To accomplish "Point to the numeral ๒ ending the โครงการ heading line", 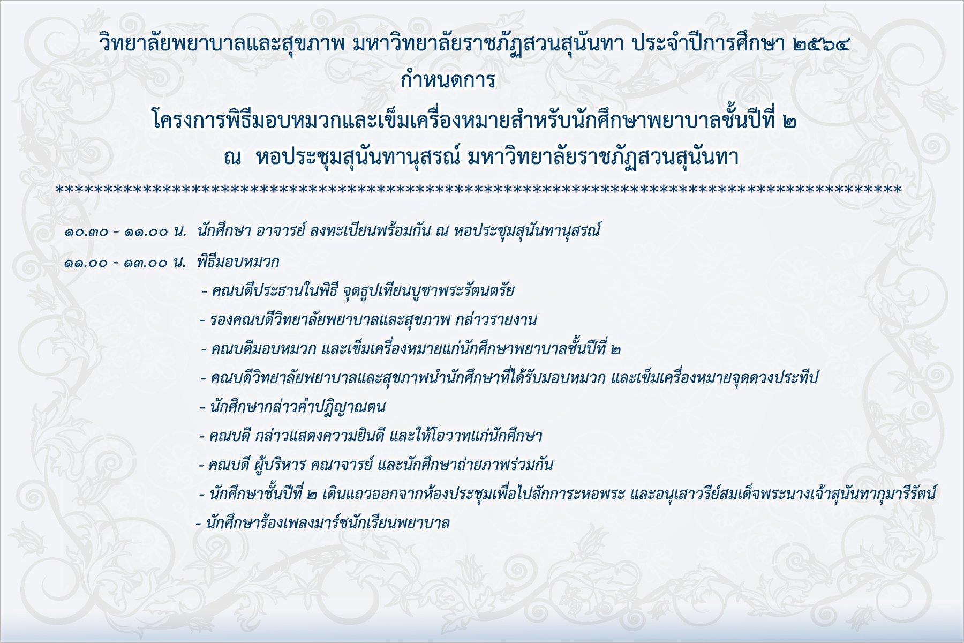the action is tap(789, 122).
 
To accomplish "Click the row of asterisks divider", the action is tap(478, 189).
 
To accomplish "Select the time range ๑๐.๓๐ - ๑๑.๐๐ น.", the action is tap(125, 232).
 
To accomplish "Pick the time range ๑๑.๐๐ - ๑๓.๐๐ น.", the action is tap(125, 263).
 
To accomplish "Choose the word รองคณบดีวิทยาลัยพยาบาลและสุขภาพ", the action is tap(330, 320).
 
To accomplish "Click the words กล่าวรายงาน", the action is tap(496, 320).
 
